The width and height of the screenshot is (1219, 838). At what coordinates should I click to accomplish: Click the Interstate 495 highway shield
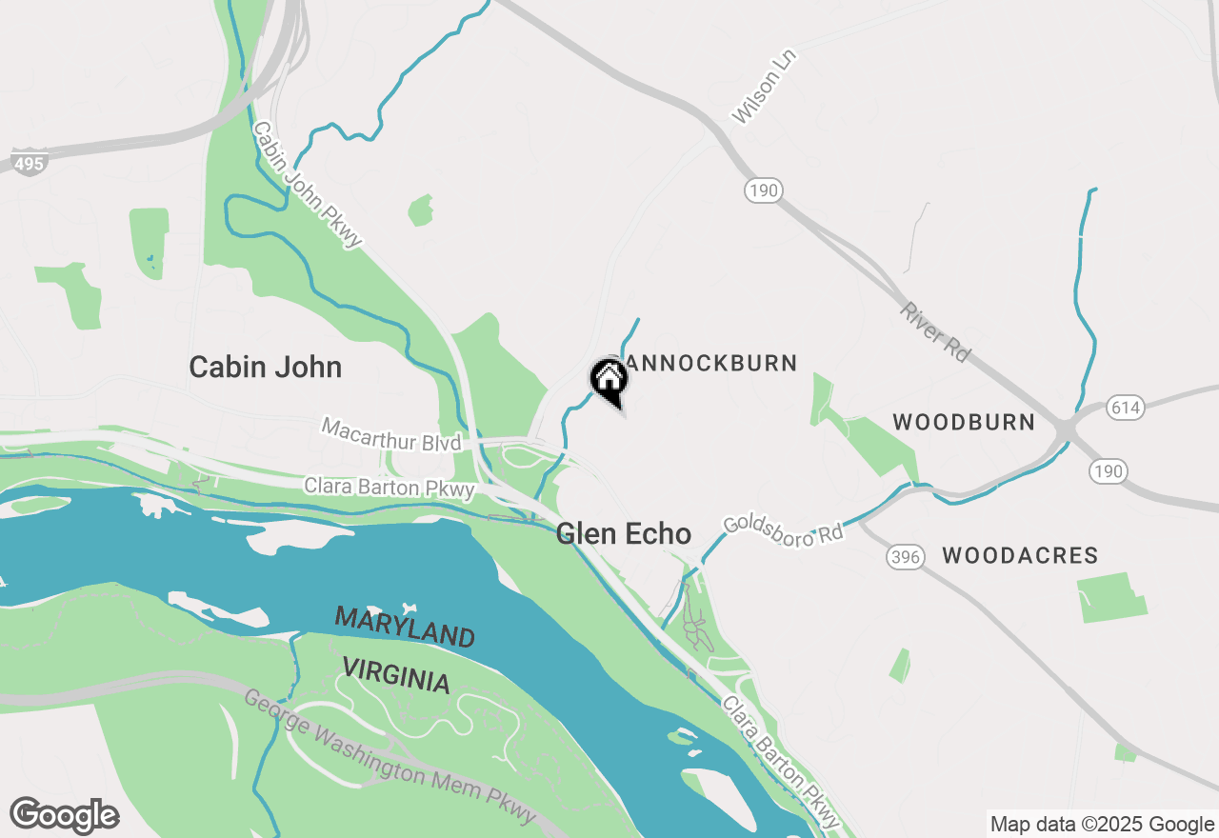click(30, 164)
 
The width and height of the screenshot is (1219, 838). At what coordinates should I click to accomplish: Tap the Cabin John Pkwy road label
click(308, 184)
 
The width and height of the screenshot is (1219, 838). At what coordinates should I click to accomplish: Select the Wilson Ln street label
click(764, 87)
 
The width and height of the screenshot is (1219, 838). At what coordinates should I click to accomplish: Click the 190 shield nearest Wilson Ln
click(763, 190)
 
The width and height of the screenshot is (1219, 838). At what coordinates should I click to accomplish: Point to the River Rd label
click(934, 332)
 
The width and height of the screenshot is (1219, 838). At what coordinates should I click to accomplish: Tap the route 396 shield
click(905, 557)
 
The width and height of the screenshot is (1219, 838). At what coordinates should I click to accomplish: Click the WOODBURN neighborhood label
click(964, 422)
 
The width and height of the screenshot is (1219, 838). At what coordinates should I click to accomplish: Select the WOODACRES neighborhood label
click(1020, 555)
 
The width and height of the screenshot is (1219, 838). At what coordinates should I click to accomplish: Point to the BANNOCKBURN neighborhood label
click(709, 363)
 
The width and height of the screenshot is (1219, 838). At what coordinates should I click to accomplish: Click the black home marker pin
click(609, 381)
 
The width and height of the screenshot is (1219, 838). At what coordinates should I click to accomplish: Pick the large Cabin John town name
click(265, 367)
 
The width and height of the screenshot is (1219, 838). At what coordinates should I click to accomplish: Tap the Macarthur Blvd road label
click(390, 435)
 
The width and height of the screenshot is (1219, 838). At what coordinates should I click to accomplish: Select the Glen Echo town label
click(624, 533)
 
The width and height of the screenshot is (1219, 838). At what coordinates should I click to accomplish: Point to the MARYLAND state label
click(405, 627)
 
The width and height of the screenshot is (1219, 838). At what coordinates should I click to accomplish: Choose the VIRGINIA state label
click(395, 674)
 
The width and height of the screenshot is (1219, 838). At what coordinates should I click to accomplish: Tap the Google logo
click(64, 816)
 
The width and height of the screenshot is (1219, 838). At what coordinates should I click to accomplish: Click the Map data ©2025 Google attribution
click(1102, 825)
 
